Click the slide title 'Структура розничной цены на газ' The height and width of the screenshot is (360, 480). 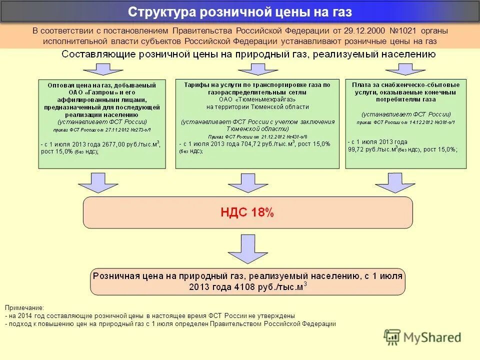coord(240,12)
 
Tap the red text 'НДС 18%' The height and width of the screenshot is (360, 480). coord(247,212)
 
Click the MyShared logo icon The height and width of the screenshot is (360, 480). coord(392,337)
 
